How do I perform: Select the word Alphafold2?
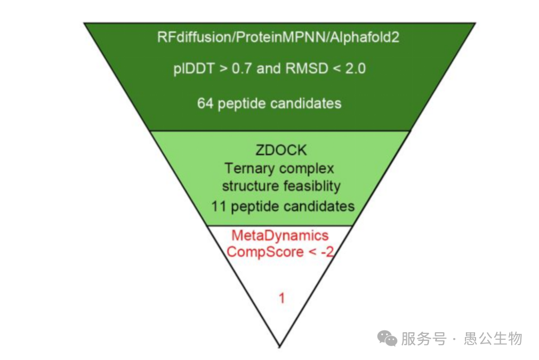click(x=364, y=37)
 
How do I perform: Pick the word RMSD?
click(x=307, y=68)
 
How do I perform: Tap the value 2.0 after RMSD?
click(x=355, y=68)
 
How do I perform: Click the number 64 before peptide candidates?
click(x=205, y=103)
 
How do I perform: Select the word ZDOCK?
click(x=281, y=150)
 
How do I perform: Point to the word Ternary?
click(x=250, y=169)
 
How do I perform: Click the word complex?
click(x=307, y=169)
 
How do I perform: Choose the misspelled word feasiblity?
click(x=311, y=186)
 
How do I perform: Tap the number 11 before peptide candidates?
click(x=219, y=206)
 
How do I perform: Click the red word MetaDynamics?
click(x=280, y=236)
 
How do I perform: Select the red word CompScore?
click(x=264, y=252)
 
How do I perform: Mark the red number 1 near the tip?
click(x=281, y=298)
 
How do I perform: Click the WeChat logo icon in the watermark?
click(x=387, y=338)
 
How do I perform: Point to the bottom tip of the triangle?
click(x=279, y=347)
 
